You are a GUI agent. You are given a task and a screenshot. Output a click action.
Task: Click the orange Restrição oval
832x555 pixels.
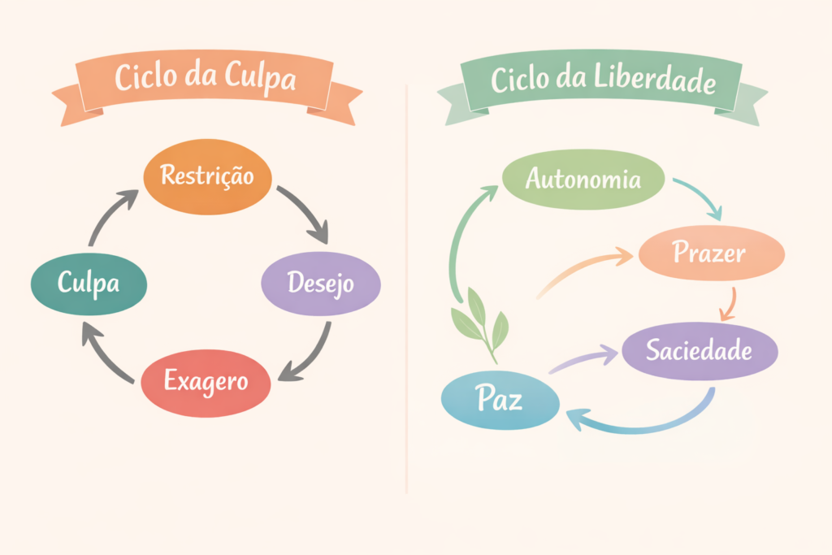point(206,176)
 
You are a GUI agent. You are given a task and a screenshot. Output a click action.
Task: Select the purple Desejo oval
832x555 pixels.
point(320,284)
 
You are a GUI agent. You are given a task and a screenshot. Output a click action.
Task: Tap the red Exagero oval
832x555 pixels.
point(206,381)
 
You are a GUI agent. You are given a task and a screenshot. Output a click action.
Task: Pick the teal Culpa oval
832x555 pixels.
point(89,283)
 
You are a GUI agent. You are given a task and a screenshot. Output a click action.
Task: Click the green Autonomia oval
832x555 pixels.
point(583,180)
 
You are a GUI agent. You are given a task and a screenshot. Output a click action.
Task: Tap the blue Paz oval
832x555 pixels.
point(500,400)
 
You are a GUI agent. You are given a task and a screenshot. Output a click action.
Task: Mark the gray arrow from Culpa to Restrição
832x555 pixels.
point(110,215)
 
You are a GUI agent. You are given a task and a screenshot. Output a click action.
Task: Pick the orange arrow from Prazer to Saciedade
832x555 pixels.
point(729,303)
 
